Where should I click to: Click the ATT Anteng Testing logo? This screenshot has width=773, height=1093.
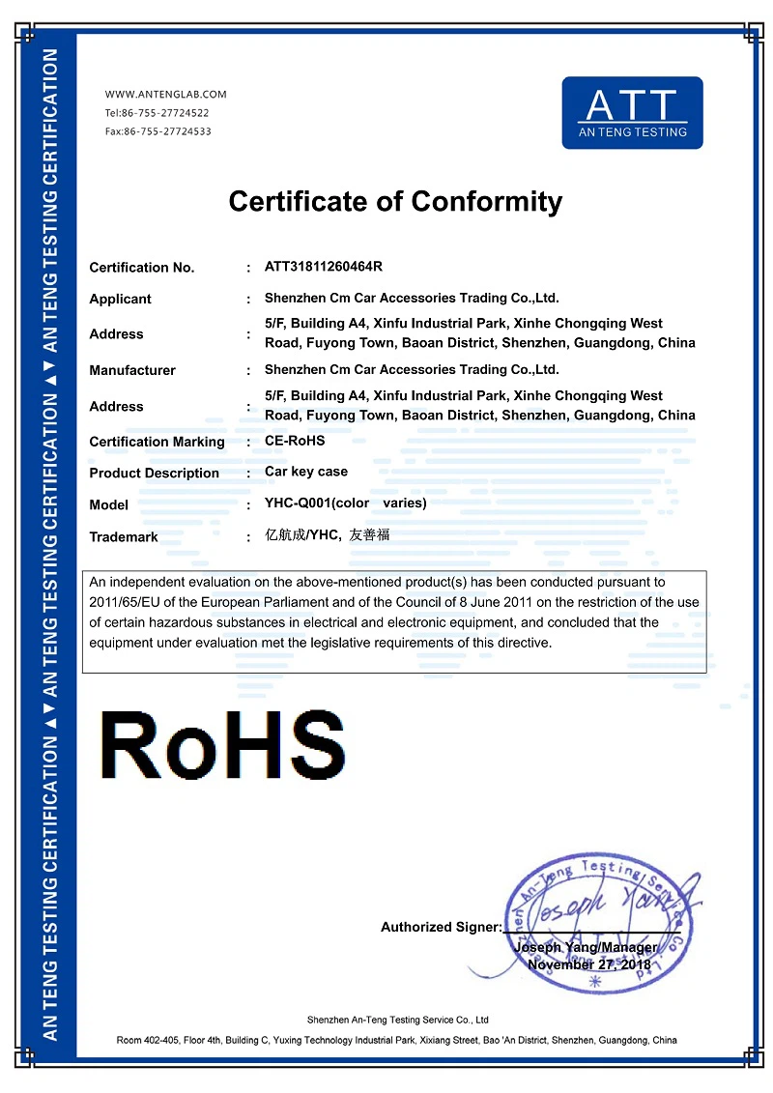[x=632, y=113]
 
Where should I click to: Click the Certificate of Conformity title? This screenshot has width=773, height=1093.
[x=394, y=202]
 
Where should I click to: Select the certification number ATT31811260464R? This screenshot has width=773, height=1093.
[x=324, y=266]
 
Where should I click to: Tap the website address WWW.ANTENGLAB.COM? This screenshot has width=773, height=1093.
[x=165, y=95]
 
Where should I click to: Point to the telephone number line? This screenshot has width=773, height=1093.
[x=157, y=113]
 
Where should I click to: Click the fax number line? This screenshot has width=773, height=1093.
[x=157, y=131]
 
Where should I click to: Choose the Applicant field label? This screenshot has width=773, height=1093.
[x=120, y=300]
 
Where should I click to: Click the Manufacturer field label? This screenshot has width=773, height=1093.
[x=132, y=370]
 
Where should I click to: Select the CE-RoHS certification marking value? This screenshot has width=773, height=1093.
[x=295, y=441]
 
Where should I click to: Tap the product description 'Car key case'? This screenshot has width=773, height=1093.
[x=305, y=472]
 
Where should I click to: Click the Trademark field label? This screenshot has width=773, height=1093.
[x=124, y=537]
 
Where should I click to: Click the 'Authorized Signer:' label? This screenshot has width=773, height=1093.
[x=441, y=928]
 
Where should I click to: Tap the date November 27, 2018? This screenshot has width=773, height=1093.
[x=589, y=964]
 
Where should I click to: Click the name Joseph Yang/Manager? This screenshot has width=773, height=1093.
[x=586, y=947]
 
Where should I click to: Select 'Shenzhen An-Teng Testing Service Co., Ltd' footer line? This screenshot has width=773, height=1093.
[x=397, y=1020]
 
